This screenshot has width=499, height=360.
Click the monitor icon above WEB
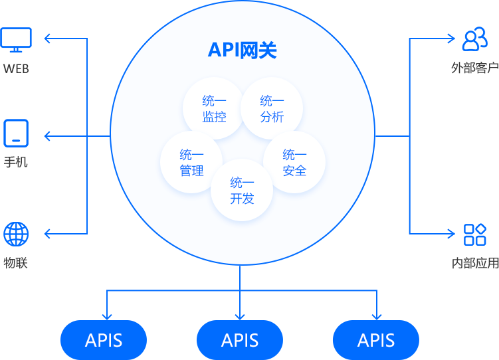point(16,40)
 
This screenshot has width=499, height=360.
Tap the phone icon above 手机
point(16,132)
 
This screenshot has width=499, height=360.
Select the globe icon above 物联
point(16,234)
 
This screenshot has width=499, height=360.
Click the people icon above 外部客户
point(475,39)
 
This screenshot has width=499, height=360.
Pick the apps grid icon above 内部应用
point(475,234)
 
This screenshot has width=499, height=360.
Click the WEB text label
point(16,68)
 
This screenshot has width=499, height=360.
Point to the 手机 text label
point(16,162)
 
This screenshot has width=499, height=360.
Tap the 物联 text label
point(16,263)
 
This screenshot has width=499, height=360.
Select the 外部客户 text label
point(474,68)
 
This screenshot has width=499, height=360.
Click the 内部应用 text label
point(474,263)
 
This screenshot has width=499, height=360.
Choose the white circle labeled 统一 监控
point(214,109)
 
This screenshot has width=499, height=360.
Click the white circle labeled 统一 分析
point(272,109)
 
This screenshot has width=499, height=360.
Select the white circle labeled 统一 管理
point(191,163)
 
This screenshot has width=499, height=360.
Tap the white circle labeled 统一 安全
point(294,163)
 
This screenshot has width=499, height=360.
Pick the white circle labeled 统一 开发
point(242,191)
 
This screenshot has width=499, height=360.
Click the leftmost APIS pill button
point(104,340)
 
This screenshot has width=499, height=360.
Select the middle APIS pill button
point(240,340)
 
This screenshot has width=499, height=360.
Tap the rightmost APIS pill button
point(376,340)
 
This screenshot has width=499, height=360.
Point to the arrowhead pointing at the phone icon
point(48,136)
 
